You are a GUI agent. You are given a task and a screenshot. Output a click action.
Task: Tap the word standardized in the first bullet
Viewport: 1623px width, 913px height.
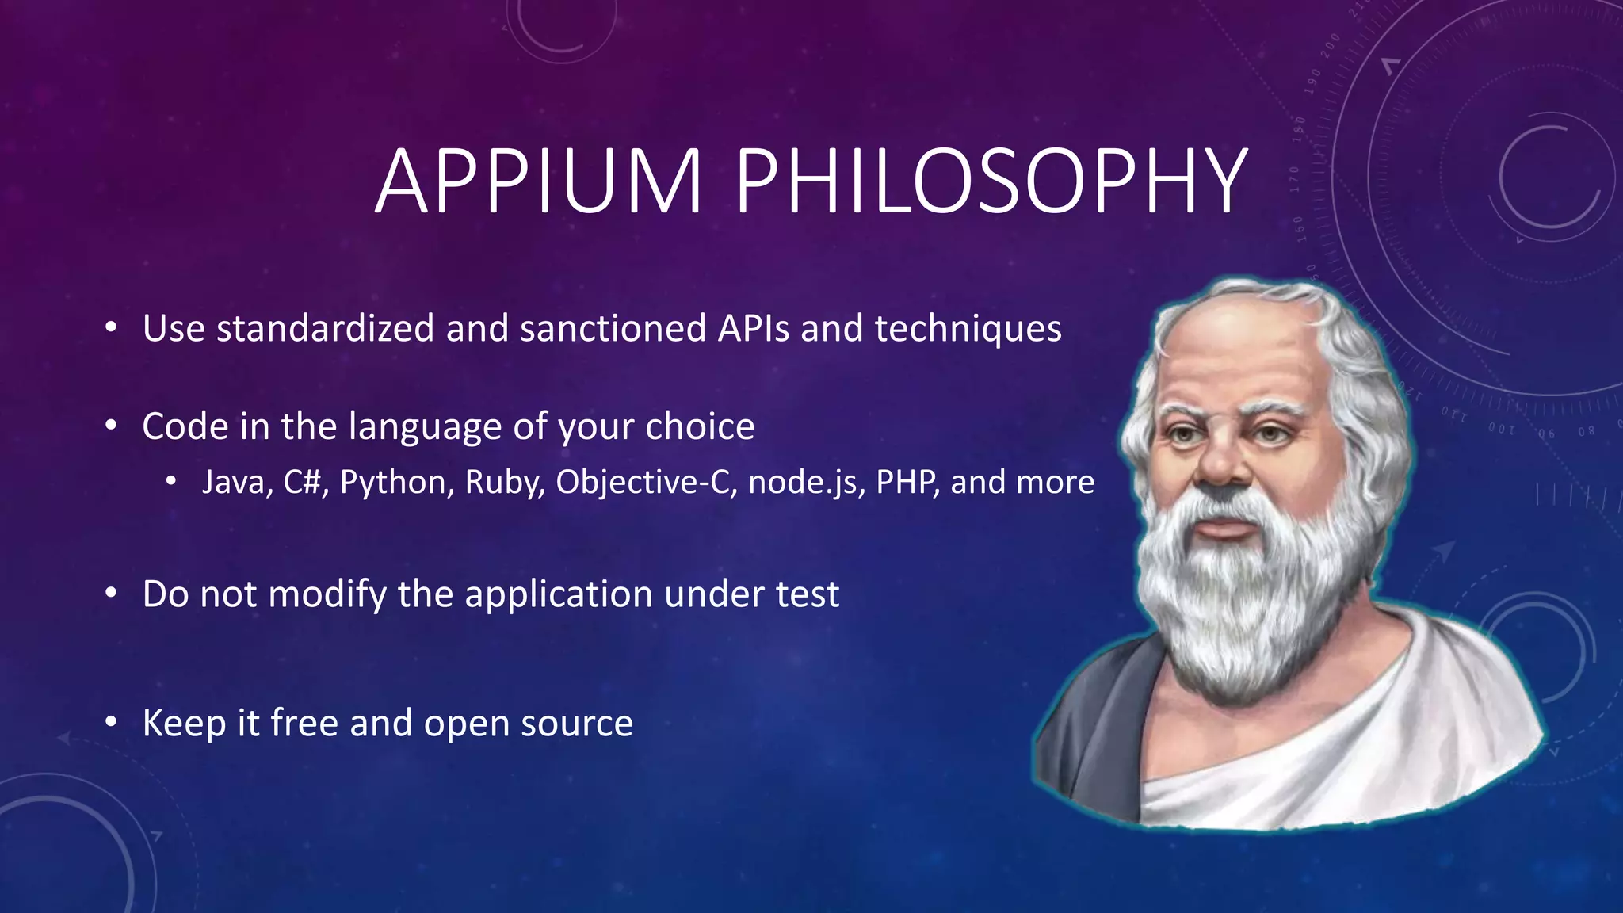coord(325,328)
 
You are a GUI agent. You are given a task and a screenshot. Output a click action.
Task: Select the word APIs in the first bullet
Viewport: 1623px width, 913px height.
coord(754,328)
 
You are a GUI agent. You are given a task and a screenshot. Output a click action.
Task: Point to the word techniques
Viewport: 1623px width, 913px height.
coord(968,330)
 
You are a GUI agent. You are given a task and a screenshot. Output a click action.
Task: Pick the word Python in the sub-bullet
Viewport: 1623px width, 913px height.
coord(397,483)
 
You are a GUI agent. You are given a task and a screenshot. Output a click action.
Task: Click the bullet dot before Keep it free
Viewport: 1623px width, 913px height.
coord(111,722)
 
